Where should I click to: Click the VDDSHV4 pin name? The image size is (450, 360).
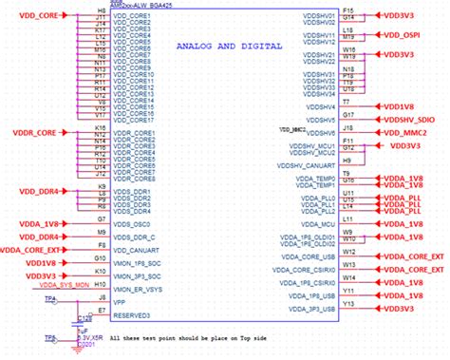pyautogui.click(x=318, y=107)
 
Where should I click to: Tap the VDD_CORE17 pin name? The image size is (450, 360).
pyautogui.click(x=132, y=120)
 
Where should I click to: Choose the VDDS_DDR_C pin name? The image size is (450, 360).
pyautogui.click(x=133, y=237)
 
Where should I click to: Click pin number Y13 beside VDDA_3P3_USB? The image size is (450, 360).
pyautogui.click(x=347, y=304)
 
